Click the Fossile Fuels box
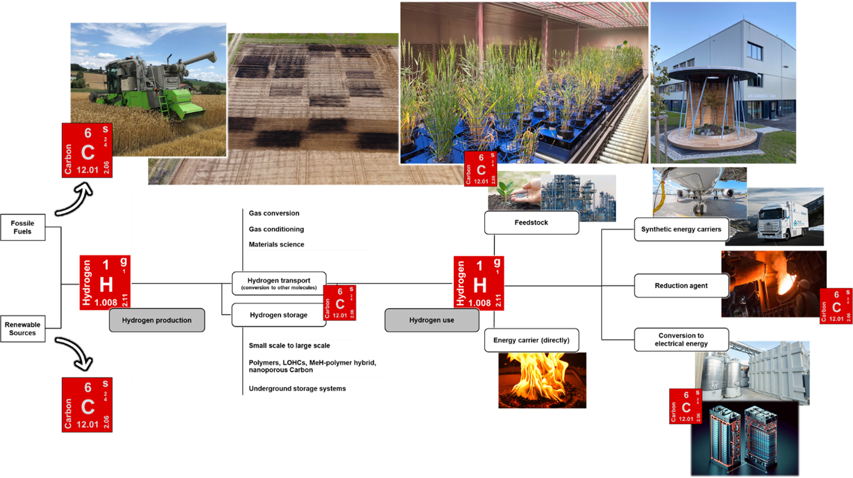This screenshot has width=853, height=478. click(23, 227)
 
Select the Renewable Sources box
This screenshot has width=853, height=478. click(23, 328)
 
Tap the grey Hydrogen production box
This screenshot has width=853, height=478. click(157, 320)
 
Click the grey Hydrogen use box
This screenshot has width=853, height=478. click(432, 320)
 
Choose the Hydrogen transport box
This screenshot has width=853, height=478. click(279, 283)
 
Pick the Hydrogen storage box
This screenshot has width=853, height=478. click(278, 315)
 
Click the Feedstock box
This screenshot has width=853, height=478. click(531, 222)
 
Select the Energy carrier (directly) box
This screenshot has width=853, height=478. click(531, 340)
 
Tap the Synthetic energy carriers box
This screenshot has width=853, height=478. click(681, 229)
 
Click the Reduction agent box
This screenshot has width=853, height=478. click(681, 286)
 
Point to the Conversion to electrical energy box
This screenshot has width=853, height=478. click(681, 339)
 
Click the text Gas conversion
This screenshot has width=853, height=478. click(274, 213)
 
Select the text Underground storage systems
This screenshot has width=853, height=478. click(297, 388)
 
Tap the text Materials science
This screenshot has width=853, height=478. click(277, 244)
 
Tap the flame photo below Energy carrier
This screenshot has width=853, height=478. click(542, 380)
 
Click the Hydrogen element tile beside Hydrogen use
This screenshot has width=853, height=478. click(479, 283)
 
